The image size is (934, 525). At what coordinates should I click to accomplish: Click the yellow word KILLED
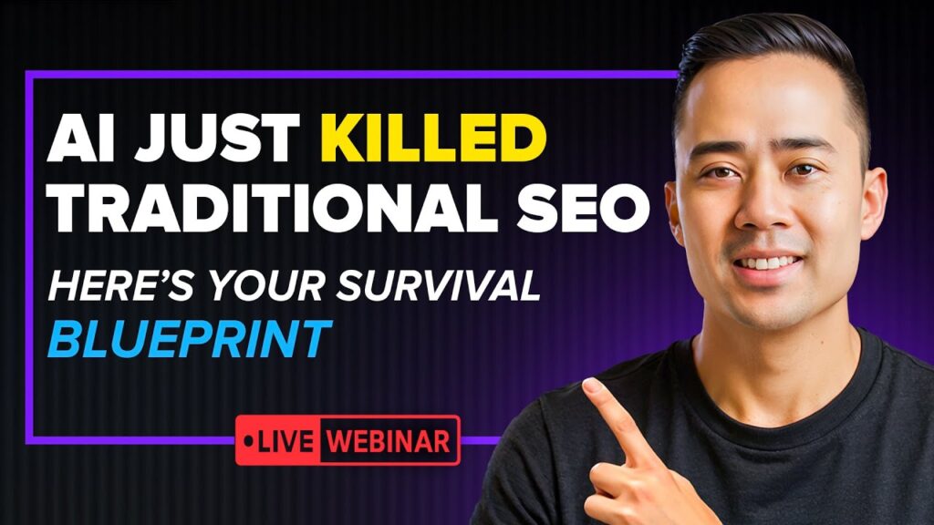433,139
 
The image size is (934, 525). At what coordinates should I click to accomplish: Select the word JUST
217,139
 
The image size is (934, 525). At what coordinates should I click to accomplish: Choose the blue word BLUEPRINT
190,339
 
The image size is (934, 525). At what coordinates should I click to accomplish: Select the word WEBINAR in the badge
389,441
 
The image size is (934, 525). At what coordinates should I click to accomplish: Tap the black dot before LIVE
248,442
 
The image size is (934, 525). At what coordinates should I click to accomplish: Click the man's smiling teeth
769,262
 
